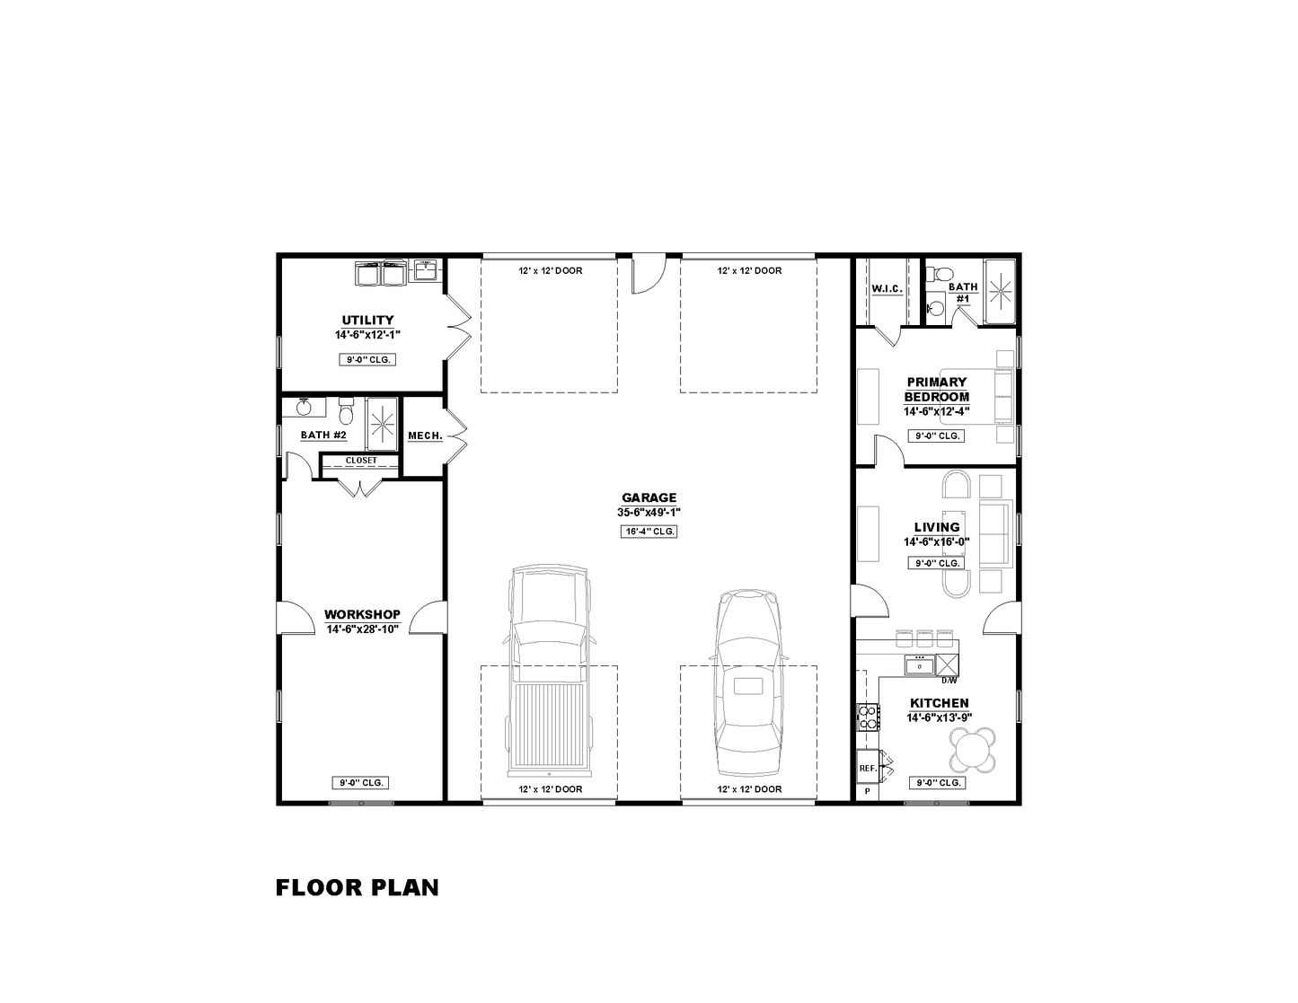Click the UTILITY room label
[x=367, y=320]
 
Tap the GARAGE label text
[x=649, y=497]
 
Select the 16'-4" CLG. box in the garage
[x=649, y=532]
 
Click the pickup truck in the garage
[x=548, y=671]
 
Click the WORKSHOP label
[x=362, y=614]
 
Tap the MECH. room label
[x=425, y=436]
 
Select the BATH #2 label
[x=323, y=435]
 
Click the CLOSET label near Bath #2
[x=361, y=461]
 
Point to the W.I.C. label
[x=887, y=289]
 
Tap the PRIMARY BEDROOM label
[x=936, y=390]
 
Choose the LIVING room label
[x=937, y=527]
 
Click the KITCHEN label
[x=939, y=703]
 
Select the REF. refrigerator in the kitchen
[x=868, y=768]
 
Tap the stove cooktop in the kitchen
[x=868, y=717]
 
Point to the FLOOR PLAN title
[x=357, y=888]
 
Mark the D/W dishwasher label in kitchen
[x=949, y=680]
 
